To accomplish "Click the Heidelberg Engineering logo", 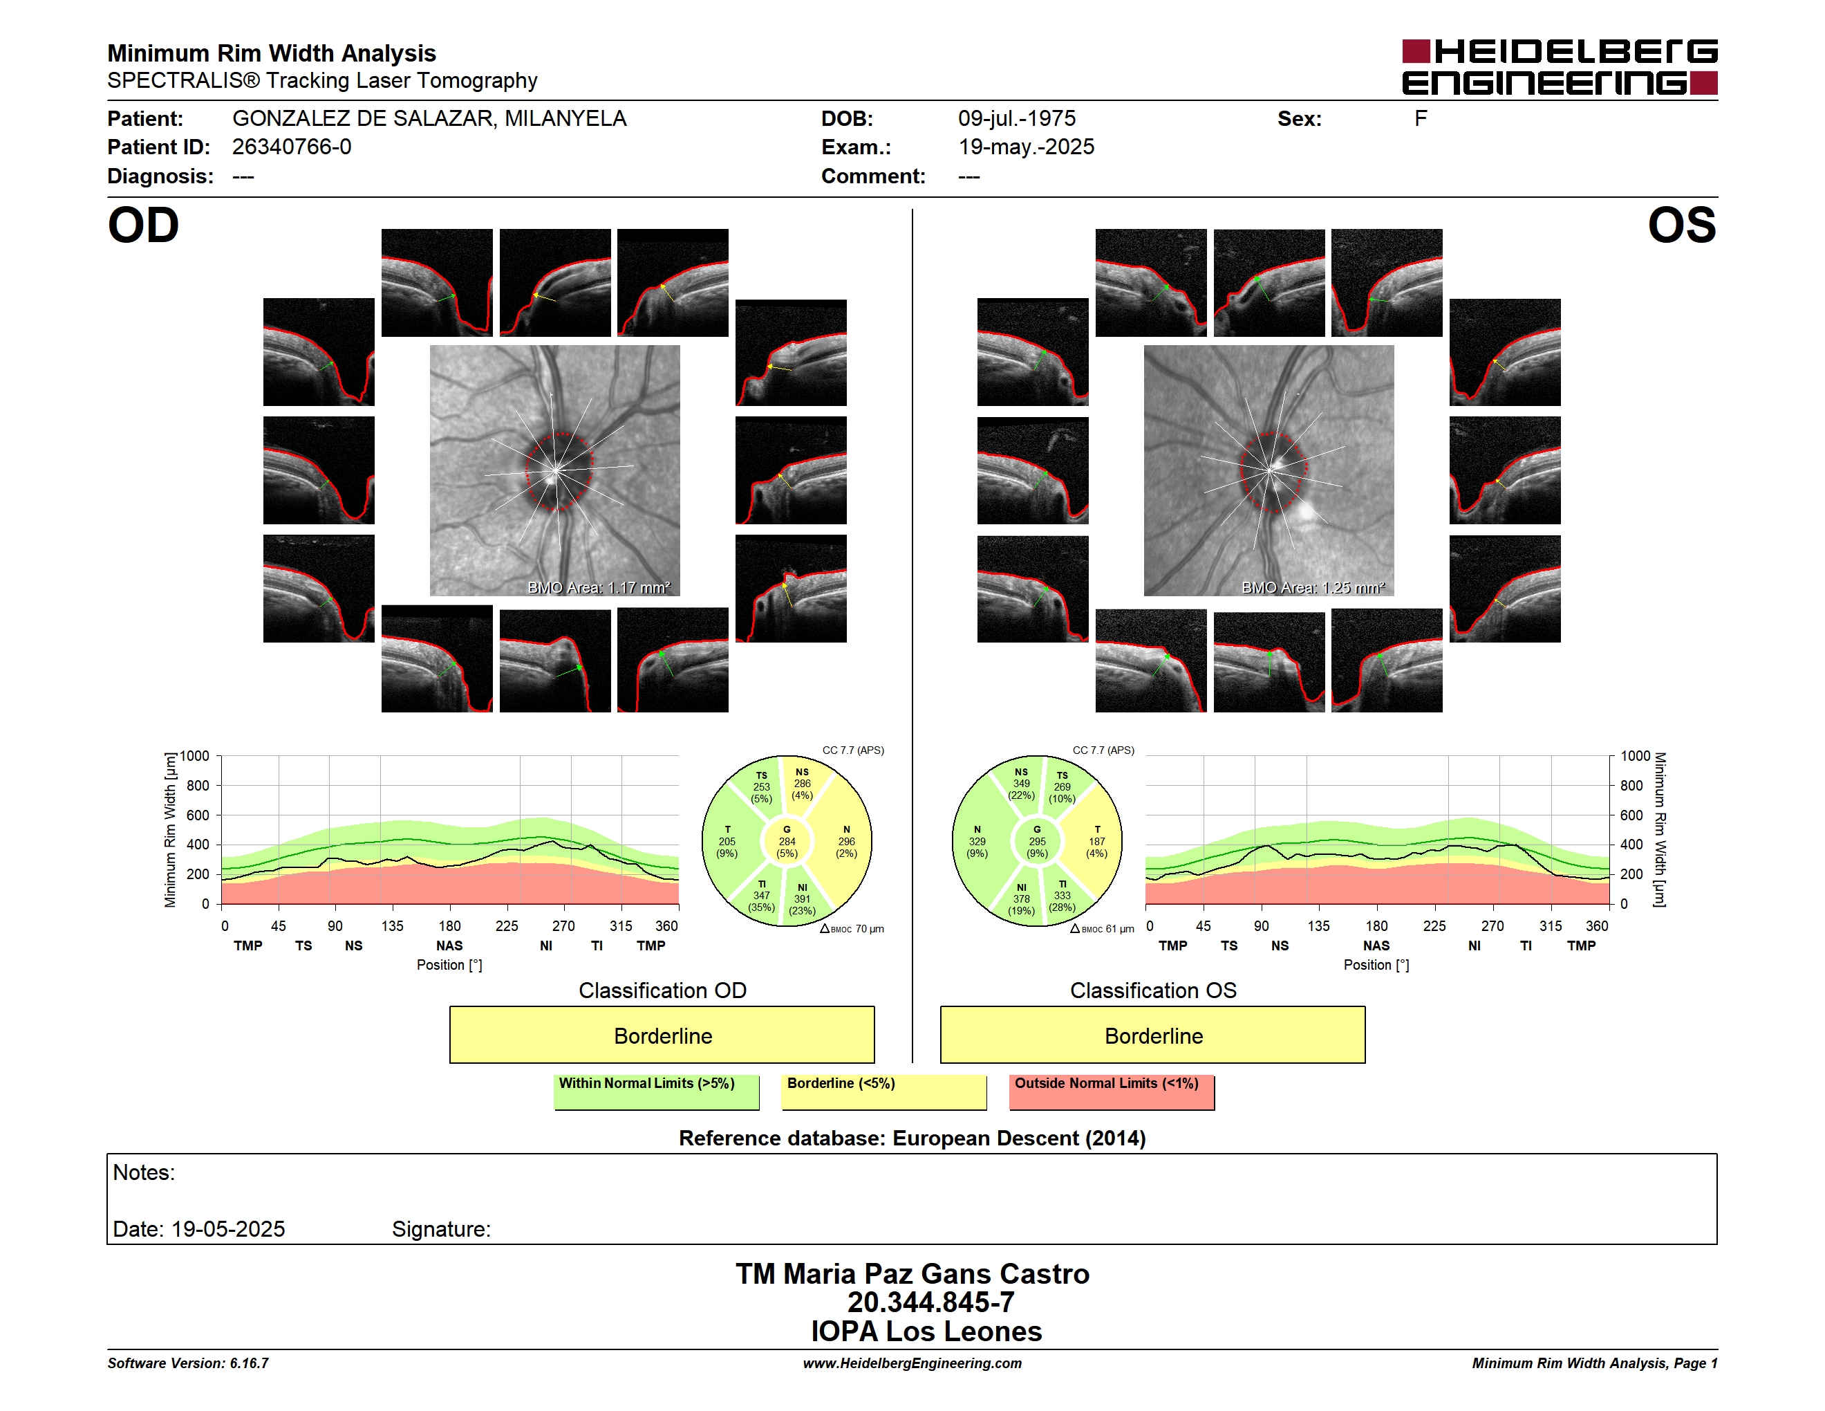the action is [x=1560, y=67].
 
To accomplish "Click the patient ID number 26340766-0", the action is [x=292, y=147].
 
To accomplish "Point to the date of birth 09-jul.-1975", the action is [x=1016, y=119].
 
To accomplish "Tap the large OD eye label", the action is [x=144, y=225].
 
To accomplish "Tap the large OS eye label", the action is [x=1681, y=225].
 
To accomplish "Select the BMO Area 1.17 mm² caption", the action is [x=598, y=588].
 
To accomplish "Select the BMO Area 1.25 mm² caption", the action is [x=1313, y=588].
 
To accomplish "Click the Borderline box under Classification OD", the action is [x=662, y=1035].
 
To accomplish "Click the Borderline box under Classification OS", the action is [x=1152, y=1035].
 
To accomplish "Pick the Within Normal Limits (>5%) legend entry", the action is [x=656, y=1091].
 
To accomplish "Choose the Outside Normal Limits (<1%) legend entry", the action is [x=1112, y=1091].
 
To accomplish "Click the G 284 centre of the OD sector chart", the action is [x=786, y=842].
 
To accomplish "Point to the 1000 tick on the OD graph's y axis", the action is [x=195, y=756].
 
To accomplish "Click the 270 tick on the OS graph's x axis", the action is [x=1492, y=926].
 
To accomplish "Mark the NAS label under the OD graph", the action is [x=449, y=946].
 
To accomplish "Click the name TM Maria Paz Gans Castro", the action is [x=912, y=1274].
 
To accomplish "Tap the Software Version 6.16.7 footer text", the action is [x=188, y=1363].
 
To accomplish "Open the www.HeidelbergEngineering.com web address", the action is [x=912, y=1363].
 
